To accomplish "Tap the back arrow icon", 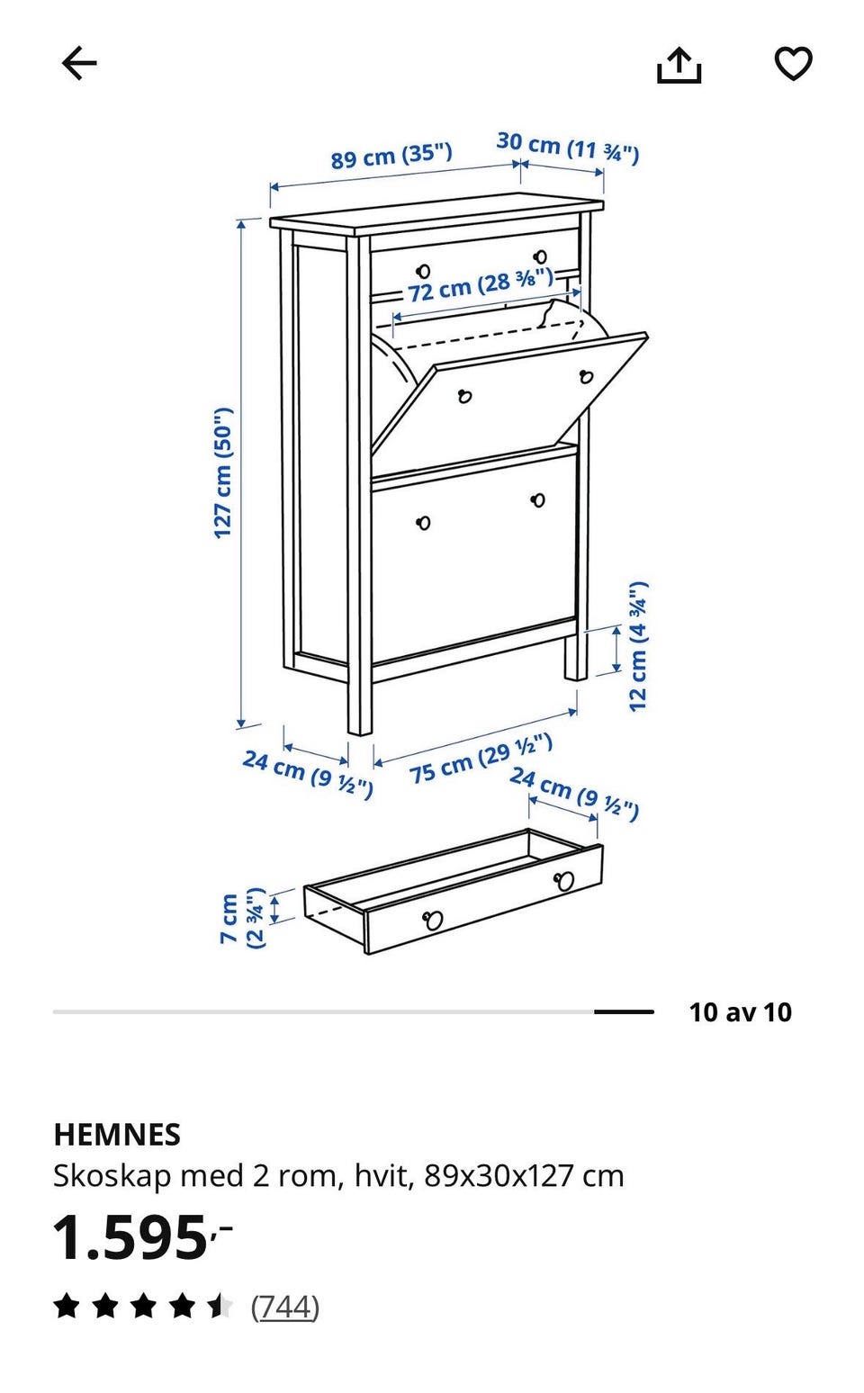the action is tap(79, 63).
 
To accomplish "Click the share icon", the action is tap(679, 65).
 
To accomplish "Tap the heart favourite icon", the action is tap(793, 63).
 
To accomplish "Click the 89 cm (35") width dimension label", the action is tap(391, 155).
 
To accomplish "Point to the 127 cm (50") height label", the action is tap(222, 472).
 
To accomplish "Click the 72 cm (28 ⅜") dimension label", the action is tap(481, 285).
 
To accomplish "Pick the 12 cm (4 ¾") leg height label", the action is tap(638, 646).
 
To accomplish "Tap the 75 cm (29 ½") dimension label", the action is tap(481, 758).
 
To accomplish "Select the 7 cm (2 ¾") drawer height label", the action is tap(243, 918).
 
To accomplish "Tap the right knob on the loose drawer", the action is tap(564, 880).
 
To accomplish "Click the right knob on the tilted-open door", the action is tap(586, 376).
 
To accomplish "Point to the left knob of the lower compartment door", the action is tap(423, 522).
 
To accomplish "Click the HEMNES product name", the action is tap(117, 1135).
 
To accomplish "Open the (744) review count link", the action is tap(285, 1307).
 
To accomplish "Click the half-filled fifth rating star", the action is tap(220, 1306).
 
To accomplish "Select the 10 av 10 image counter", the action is tap(740, 1011).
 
